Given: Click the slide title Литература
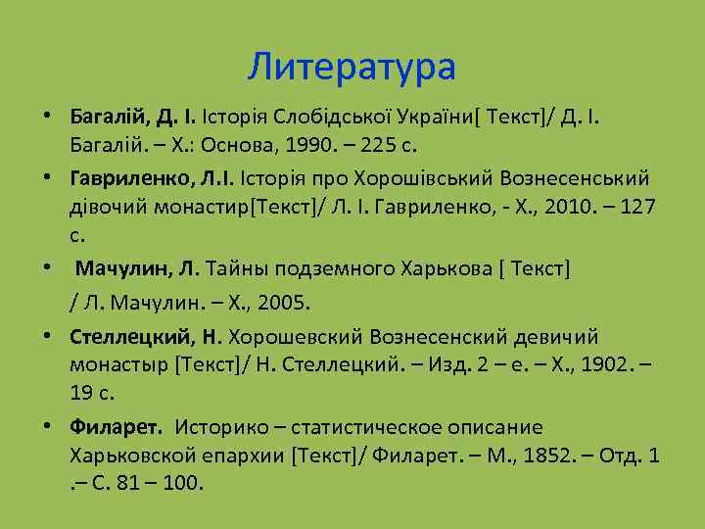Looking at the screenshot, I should pos(352,68).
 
